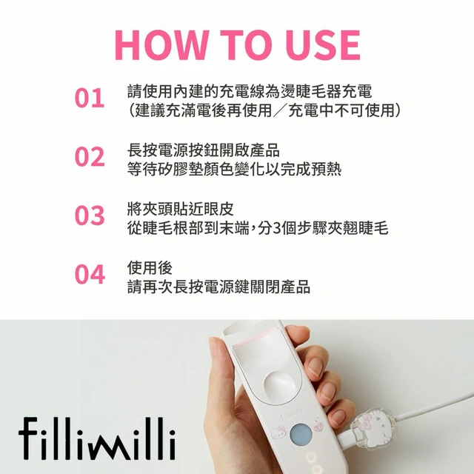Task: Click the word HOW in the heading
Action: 161,44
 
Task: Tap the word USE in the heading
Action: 323,44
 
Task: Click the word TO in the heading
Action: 247,44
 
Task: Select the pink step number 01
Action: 90,99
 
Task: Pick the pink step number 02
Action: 90,156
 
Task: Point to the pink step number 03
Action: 90,216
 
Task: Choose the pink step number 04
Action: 90,274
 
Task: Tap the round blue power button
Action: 301,435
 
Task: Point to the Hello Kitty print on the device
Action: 278,432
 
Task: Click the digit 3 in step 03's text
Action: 276,228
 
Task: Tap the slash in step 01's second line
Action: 280,110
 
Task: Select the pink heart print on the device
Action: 318,427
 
